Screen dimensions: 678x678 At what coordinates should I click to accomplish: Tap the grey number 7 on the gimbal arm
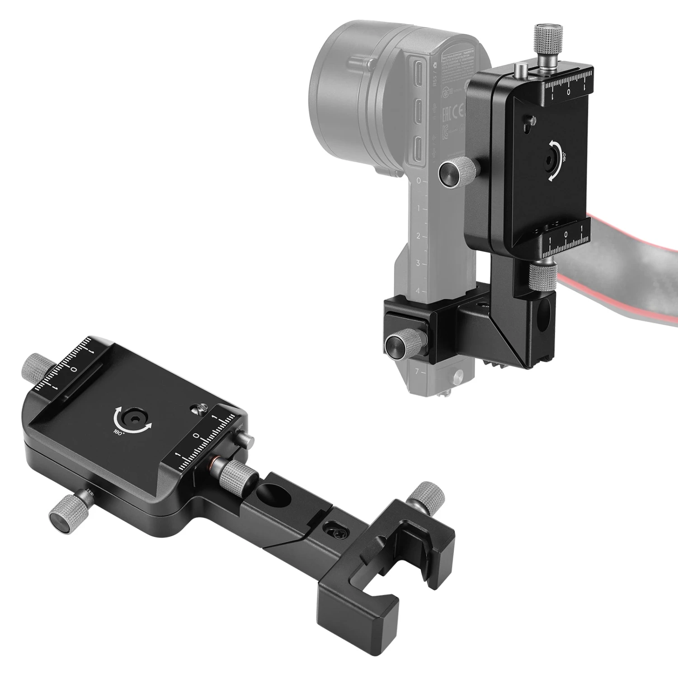(x=417, y=372)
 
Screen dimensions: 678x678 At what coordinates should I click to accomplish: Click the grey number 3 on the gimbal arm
(x=418, y=263)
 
